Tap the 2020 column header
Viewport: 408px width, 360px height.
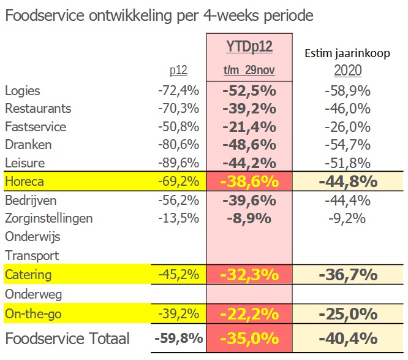347,71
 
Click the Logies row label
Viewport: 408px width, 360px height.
23,91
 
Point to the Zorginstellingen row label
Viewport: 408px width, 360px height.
49,218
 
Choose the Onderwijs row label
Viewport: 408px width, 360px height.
32,237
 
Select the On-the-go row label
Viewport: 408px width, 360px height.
34,314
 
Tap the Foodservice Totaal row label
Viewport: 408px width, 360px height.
67,338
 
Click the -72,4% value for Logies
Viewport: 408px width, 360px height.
178,91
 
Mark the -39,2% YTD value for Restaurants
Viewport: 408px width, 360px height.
249,109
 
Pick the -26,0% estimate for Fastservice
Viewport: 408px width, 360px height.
347,128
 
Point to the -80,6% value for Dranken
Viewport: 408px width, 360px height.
178,145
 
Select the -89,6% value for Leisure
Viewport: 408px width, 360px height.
178,164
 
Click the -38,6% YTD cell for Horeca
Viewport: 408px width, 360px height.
249,182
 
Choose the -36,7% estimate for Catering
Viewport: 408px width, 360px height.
347,274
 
